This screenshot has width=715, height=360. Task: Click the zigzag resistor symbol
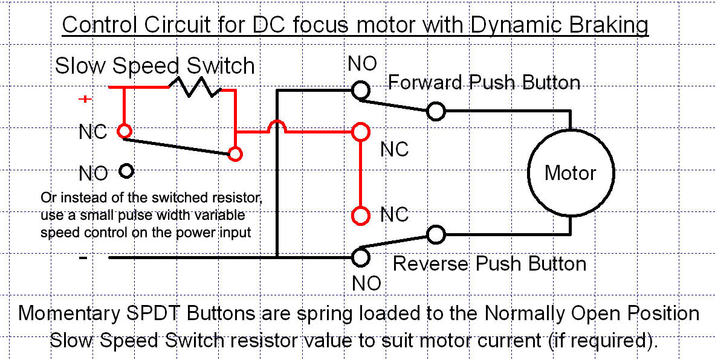[195, 86]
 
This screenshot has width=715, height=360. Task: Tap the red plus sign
[85, 99]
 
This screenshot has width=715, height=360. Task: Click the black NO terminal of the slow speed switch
[126, 172]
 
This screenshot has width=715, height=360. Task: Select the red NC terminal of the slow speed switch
[124, 131]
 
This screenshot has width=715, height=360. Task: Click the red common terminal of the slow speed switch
[235, 154]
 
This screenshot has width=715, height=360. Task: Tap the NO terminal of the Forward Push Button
[360, 90]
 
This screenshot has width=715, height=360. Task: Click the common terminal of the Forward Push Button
[436, 111]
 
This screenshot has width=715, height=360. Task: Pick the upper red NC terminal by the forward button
[360, 132]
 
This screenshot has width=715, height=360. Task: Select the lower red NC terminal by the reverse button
[360, 216]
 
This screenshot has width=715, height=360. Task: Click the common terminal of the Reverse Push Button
[436, 234]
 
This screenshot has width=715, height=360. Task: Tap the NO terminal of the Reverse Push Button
[360, 257]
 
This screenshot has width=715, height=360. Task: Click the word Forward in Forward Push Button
[425, 83]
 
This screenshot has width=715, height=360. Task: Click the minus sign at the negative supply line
[83, 257]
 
